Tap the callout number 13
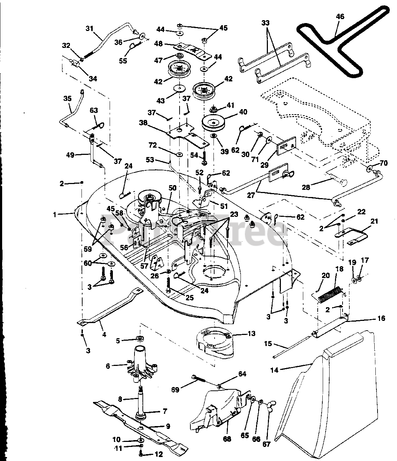pos(251,334)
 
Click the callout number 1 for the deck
pos(55,215)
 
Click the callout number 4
pos(104,334)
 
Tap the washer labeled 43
pos(179,88)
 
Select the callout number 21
pos(374,221)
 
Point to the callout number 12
pos(158,455)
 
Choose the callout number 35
pos(67,98)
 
